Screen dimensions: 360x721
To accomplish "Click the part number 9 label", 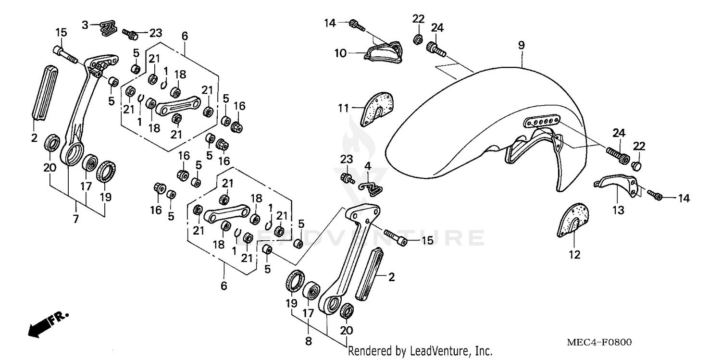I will [x=522, y=45].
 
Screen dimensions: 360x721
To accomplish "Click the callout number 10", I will [x=340, y=53].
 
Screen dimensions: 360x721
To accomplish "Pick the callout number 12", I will [x=575, y=255].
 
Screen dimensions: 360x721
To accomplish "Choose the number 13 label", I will [x=618, y=210].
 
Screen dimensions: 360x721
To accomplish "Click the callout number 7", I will [x=76, y=219].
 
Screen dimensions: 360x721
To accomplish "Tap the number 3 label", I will [x=85, y=25].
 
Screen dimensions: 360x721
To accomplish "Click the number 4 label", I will [x=368, y=166].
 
